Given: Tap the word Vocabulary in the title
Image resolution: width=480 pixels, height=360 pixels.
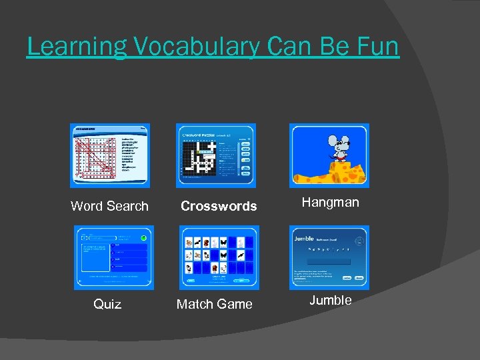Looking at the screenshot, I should pos(189,47).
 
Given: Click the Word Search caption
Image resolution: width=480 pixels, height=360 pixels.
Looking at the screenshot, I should pos(109,206).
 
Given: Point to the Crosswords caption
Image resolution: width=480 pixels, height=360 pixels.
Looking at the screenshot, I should pos(219,206).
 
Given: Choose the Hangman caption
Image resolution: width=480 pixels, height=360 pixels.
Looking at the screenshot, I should pos(330,202).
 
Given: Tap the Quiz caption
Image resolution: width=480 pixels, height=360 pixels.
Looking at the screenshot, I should pos(107,304).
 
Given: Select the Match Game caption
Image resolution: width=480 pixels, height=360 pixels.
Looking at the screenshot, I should pos(214,304).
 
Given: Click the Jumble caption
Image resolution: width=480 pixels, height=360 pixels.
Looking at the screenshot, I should pos(330,300).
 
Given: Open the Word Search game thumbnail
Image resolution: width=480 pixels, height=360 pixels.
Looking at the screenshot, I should pos(110,155).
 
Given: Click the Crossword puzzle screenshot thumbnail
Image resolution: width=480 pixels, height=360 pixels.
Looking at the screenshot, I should pos(215,155).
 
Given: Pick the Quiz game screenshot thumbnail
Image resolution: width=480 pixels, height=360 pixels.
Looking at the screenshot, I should pos(113,257).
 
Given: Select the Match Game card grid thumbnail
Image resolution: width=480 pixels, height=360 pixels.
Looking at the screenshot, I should pos(219,257).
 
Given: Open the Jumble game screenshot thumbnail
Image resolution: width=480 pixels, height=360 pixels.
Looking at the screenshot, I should pos(329,257).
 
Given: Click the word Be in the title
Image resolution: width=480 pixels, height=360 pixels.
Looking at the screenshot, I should pos(335,47).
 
